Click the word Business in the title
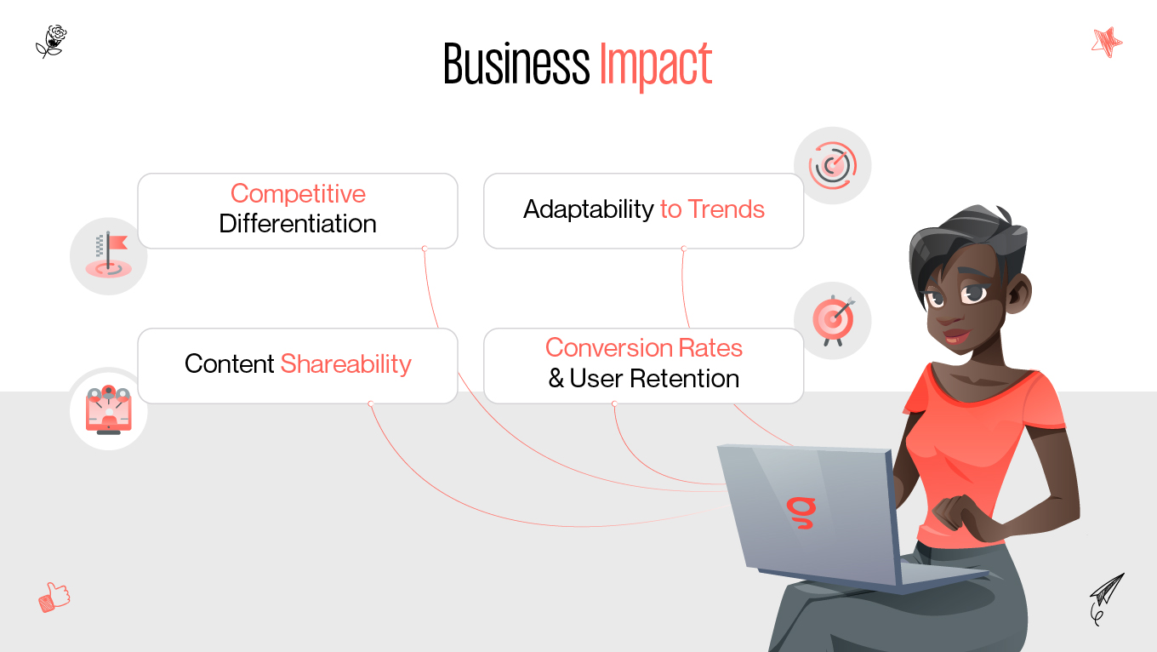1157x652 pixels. (x=516, y=65)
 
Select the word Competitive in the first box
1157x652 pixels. (x=298, y=194)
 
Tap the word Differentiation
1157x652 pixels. (x=298, y=224)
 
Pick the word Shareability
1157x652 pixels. (x=346, y=364)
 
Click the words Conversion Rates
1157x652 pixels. (x=644, y=348)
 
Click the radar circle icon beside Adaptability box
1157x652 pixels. (x=832, y=166)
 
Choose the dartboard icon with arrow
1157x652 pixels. (x=832, y=320)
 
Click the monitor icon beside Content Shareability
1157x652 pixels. (x=108, y=409)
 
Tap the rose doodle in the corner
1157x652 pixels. (x=51, y=40)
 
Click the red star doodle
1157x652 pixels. (x=1107, y=41)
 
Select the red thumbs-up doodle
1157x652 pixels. (x=54, y=597)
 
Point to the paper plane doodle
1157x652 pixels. (x=1106, y=596)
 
